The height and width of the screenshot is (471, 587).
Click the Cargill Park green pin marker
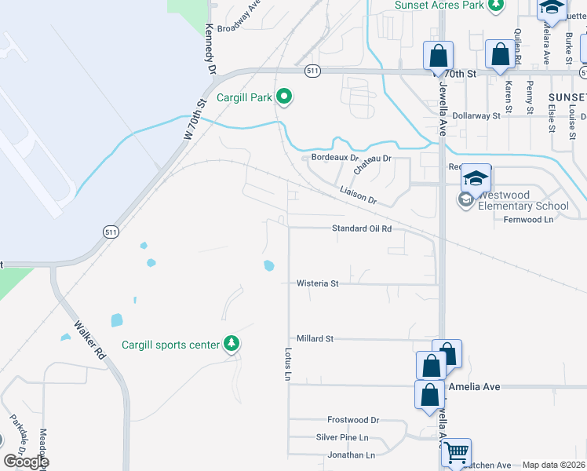[284, 97]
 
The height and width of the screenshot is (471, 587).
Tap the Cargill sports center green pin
[231, 344]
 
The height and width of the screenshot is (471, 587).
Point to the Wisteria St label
[317, 283]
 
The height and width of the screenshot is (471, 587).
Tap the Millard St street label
[315, 338]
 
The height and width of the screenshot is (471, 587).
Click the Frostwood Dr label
[353, 420]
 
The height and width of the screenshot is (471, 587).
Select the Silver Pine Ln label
[342, 437]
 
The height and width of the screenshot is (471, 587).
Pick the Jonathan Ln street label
[351, 455]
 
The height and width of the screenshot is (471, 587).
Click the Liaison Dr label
[358, 195]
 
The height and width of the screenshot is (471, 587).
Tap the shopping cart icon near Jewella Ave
[456, 452]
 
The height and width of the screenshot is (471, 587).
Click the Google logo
[26, 462]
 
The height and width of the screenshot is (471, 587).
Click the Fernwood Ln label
[528, 219]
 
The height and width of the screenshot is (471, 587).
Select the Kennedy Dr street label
[210, 48]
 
